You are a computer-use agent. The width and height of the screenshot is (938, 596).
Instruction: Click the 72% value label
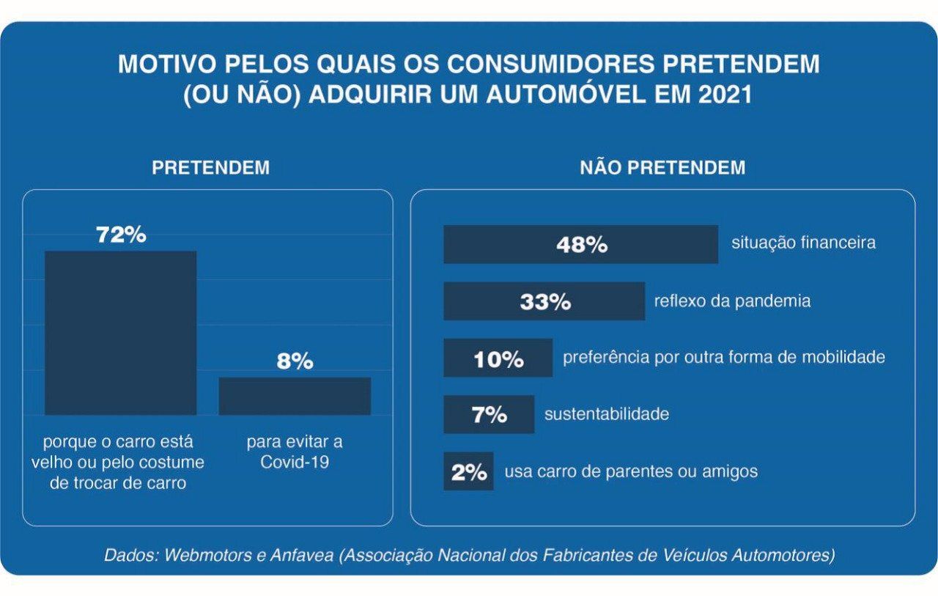(x=121, y=235)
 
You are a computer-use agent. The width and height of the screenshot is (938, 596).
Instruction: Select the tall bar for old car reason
(x=121, y=333)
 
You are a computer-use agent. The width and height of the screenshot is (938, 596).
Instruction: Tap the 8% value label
(x=295, y=361)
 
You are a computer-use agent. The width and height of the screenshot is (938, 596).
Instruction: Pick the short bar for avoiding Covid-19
(x=295, y=396)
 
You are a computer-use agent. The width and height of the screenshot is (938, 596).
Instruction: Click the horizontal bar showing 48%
(x=580, y=244)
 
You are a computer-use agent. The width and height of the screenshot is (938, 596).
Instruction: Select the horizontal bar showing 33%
(x=544, y=301)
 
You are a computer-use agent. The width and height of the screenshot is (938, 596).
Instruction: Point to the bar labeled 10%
(x=498, y=358)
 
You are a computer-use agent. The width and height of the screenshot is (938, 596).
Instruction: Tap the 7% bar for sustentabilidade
(x=489, y=414)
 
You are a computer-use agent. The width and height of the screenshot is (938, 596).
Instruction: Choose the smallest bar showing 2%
(x=468, y=471)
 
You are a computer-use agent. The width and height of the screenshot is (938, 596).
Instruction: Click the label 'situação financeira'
(x=803, y=243)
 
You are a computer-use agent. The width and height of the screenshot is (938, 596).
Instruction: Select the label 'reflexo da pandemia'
(x=732, y=301)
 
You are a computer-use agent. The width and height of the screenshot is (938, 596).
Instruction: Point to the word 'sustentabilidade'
(x=607, y=414)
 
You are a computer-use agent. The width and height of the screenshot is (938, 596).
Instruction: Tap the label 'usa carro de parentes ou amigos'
(x=631, y=471)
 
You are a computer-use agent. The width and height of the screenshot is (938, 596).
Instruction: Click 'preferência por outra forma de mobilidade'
(x=724, y=358)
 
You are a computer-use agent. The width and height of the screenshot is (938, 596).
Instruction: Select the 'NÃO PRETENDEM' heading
(x=662, y=168)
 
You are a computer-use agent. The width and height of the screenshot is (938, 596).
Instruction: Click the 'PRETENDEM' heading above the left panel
(x=210, y=168)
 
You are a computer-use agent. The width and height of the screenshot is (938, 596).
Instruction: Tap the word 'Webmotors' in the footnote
(x=208, y=555)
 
